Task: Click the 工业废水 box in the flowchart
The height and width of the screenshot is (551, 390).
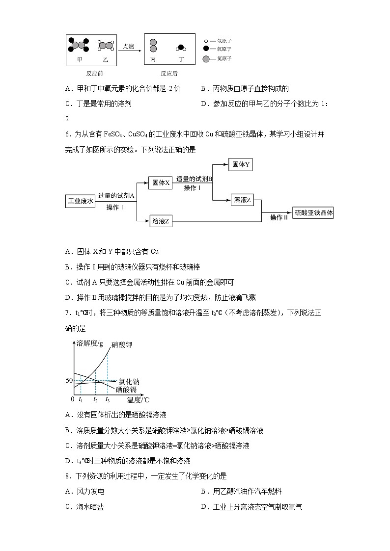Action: (x=81, y=201)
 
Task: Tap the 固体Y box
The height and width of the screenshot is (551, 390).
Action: (x=241, y=165)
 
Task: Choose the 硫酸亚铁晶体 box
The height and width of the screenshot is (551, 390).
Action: (x=313, y=212)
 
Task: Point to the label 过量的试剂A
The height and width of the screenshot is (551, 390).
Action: (x=116, y=195)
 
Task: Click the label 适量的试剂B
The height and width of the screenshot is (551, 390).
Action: (x=194, y=180)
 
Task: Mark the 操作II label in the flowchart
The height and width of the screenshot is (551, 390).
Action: (x=279, y=217)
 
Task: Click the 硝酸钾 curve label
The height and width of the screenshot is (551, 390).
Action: (x=121, y=345)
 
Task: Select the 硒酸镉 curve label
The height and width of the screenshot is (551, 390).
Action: (x=126, y=389)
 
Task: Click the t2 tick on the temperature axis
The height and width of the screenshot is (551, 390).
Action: (x=95, y=400)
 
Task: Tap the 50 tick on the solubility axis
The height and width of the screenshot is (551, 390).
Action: (x=69, y=381)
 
